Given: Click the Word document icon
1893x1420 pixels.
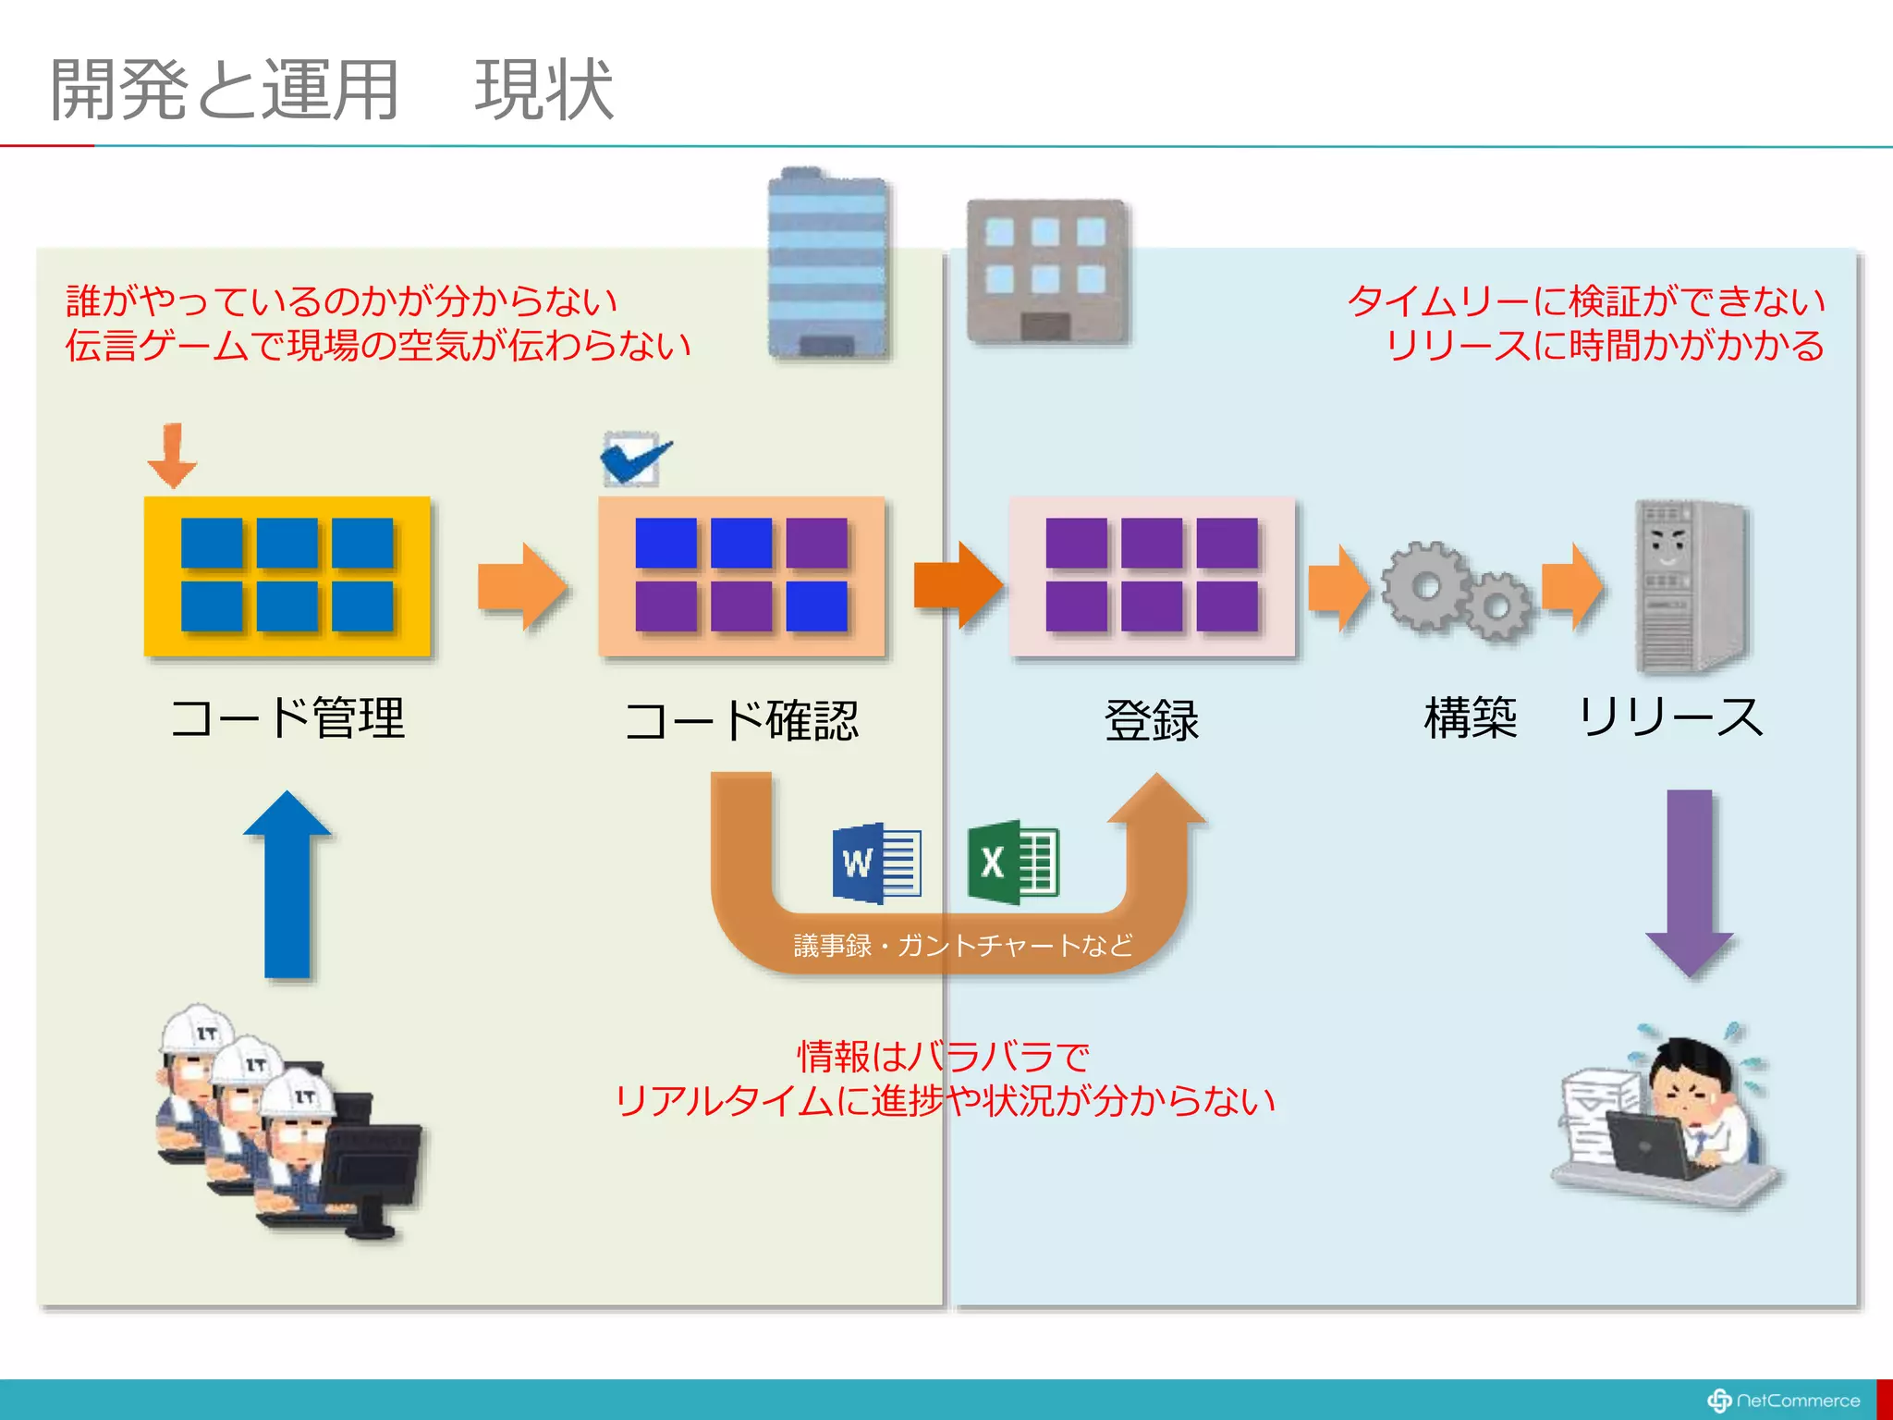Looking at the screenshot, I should [x=876, y=863].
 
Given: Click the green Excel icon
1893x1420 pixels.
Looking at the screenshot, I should [x=1012, y=862].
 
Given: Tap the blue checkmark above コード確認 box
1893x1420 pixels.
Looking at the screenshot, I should [x=635, y=459].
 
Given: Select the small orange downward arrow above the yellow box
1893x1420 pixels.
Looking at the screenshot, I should [x=172, y=456].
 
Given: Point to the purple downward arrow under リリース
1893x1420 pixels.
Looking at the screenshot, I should [x=1689, y=883].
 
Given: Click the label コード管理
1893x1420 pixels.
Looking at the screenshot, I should [x=287, y=718].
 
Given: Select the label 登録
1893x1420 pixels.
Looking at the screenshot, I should [x=1152, y=720].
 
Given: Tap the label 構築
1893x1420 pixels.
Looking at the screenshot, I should [x=1470, y=718].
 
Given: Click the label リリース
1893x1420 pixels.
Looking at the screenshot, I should [x=1670, y=718].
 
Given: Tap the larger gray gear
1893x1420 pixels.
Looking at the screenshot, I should [x=1424, y=586].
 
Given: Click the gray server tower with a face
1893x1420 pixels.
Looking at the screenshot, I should [x=1689, y=586].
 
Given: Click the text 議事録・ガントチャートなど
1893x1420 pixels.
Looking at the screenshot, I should [x=962, y=945].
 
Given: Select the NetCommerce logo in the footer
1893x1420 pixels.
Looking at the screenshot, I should [x=1783, y=1401].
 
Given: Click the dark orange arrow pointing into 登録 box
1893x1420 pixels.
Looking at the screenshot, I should [x=958, y=585].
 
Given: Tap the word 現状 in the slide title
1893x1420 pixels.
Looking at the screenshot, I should [x=543, y=90].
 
